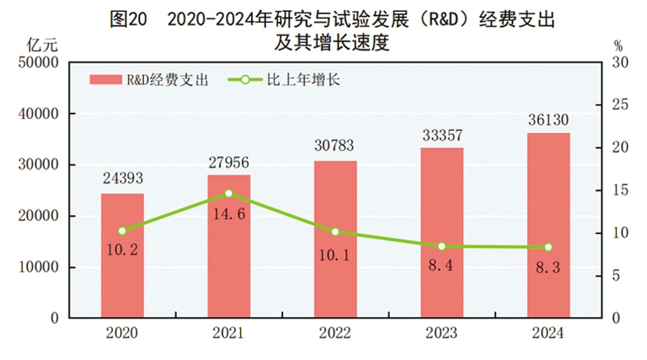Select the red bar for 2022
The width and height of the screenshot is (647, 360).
coord(335,239)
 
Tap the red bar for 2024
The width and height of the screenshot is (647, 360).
coord(548,225)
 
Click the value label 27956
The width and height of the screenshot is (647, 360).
coord(229,163)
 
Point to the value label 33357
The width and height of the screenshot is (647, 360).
coord(442,135)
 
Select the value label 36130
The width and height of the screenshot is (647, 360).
coord(548,120)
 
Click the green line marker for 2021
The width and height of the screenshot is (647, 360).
coord(229,193)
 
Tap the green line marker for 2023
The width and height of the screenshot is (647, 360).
coord(442,246)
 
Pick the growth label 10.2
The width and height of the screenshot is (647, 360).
coord(122,249)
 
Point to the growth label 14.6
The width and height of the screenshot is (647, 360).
coord(229,214)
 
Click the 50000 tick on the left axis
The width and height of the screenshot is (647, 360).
coord(38,62)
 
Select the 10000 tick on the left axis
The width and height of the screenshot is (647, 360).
coord(38,267)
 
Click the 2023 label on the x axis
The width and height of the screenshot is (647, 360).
coord(442,333)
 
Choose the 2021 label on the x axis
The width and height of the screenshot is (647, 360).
coord(229,333)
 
